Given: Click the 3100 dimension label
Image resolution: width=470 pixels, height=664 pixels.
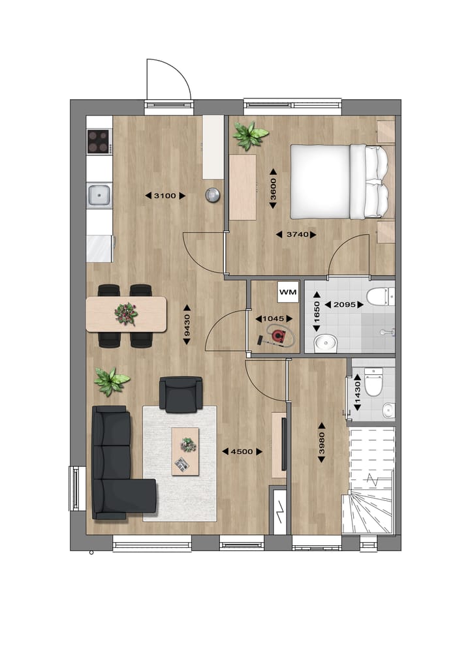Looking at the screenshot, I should point(164,195).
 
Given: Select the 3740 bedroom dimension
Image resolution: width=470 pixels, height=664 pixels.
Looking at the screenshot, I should point(296,234).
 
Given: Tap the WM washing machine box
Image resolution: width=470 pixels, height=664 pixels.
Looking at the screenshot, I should point(288,292).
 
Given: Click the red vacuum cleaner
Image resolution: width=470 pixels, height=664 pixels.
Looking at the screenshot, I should point(278,337).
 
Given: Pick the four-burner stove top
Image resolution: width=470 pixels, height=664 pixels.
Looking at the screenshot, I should point(99,140).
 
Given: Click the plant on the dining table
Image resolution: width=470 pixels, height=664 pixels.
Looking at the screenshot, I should point(126,313).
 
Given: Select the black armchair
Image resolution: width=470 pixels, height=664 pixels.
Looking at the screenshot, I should point(181,395).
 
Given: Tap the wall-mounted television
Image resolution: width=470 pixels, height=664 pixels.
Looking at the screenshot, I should point(283,444).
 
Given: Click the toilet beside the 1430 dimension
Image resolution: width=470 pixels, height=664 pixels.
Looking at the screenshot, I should point(373,383).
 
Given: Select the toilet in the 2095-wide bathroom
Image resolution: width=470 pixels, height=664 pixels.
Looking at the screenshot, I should point(378,296).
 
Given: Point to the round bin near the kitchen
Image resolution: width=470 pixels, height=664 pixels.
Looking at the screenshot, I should point(213,194).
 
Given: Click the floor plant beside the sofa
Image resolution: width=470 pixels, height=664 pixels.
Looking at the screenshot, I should point(111,380).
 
